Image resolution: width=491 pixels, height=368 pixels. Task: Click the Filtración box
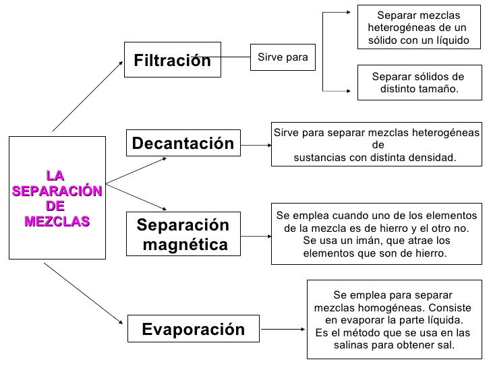click(173, 61)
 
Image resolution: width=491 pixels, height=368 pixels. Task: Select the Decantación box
click(183, 143)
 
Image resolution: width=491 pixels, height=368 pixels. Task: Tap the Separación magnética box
click(183, 234)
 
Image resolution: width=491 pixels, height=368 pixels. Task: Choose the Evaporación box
click(193, 330)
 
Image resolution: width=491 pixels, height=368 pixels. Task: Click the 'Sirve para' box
click(283, 57)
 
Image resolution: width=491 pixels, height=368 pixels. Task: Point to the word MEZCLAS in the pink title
click(57, 221)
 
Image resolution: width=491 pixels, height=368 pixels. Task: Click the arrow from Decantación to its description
click(255, 144)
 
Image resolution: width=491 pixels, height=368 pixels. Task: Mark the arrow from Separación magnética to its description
click(255, 237)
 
